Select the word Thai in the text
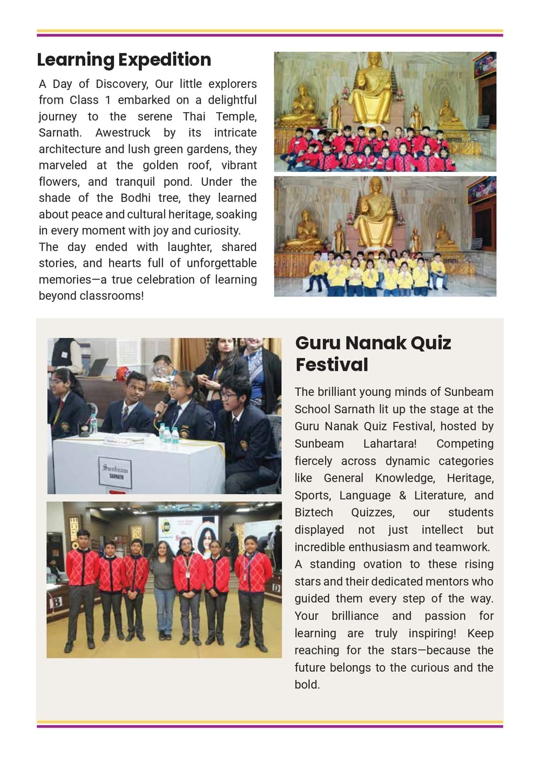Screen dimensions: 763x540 [x=194, y=117]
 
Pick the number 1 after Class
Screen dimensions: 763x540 [x=108, y=100]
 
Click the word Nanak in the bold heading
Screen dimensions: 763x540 [x=375, y=343]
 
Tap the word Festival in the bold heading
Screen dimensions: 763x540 [x=332, y=365]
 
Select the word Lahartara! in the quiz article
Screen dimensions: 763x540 [x=389, y=444]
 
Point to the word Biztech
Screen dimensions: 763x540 [x=314, y=512]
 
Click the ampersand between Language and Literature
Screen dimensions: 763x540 [x=402, y=496]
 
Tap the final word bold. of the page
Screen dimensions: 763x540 [x=307, y=685]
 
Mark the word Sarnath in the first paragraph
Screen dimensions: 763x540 [x=59, y=133]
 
